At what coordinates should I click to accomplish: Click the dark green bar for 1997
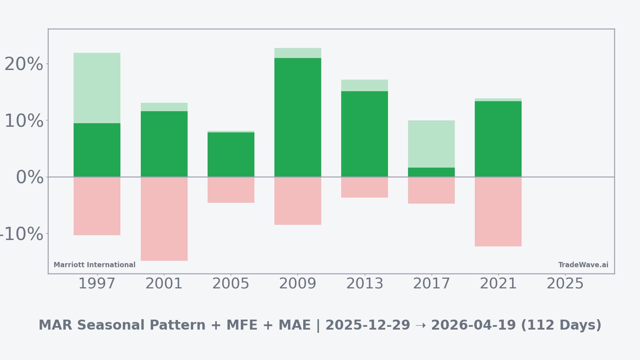click(x=97, y=150)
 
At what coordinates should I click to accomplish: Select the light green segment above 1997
click(x=97, y=88)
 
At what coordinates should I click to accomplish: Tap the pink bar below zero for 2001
click(x=164, y=219)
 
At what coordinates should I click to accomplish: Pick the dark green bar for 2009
click(x=298, y=117)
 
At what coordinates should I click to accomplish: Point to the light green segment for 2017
click(x=431, y=144)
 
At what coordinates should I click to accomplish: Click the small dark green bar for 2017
click(x=431, y=172)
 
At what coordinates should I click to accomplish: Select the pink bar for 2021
click(x=498, y=212)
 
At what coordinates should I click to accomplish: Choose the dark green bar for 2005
click(x=231, y=154)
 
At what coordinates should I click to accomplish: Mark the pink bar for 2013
click(x=364, y=187)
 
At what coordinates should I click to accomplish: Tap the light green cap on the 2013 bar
click(x=364, y=85)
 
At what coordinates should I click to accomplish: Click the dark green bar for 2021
click(x=498, y=139)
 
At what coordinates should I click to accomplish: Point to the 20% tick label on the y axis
click(x=24, y=64)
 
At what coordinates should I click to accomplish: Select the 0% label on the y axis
click(x=30, y=177)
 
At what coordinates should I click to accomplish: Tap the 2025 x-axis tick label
click(x=565, y=284)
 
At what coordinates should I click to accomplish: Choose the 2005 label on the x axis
click(x=231, y=284)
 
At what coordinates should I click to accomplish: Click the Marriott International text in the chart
click(x=94, y=265)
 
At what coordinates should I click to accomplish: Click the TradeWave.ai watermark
click(x=583, y=265)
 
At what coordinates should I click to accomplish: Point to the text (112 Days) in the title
click(x=561, y=325)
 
